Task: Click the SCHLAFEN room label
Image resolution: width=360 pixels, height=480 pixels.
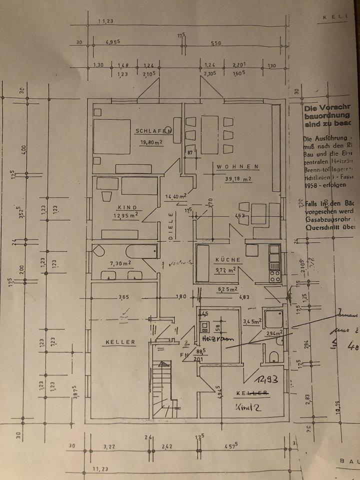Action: (x=153, y=131)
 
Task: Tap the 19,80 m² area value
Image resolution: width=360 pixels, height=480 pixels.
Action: (x=152, y=141)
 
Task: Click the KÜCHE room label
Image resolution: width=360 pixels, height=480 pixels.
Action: (x=228, y=260)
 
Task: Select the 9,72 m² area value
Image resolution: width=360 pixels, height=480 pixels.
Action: (x=225, y=270)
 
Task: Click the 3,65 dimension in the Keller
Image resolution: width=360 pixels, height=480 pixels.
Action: (x=123, y=297)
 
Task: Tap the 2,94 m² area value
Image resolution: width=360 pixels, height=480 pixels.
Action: (x=273, y=332)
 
